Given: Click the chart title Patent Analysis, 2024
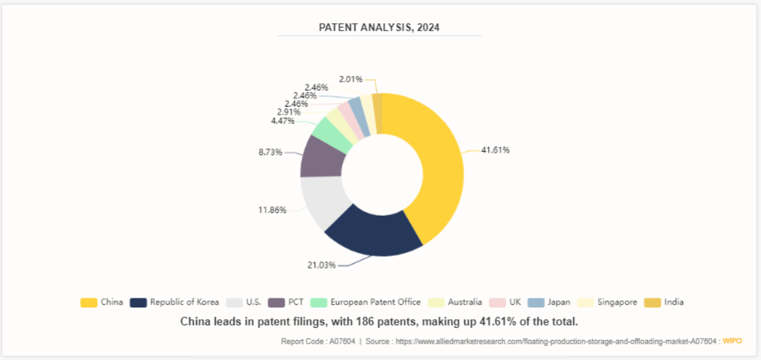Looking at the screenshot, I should pos(379,27).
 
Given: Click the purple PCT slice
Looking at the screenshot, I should pos(323,156).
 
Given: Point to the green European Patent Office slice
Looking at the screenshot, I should pos(333,133).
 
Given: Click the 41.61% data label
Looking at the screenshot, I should pos(495,150).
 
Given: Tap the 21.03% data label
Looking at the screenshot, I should pos(321,265).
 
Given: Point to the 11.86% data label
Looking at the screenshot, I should pos(272,209).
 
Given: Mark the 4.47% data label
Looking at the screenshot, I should pos(282,120).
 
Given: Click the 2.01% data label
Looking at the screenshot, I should pos(350,79).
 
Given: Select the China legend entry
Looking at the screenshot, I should pos(102,302).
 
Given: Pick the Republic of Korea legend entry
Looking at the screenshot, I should pos(175,302).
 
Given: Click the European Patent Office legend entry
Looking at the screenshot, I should pos(366,302).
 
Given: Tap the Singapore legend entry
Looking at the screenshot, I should pos(607,302).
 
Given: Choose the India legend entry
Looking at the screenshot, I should pos(664,302).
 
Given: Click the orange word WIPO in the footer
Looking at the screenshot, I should pos(732,341).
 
